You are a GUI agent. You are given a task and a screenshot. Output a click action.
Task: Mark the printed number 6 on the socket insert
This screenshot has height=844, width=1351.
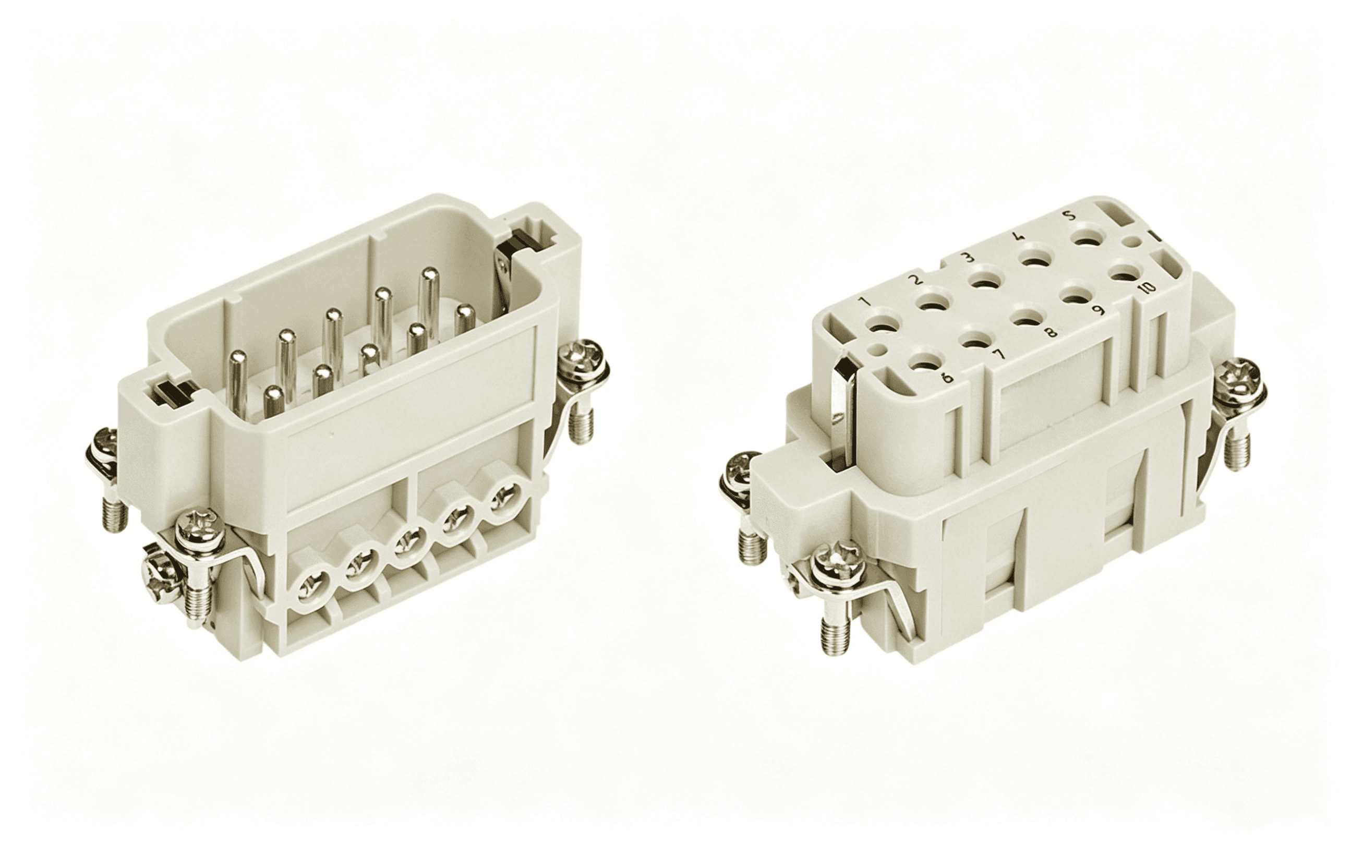[x=946, y=380]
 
